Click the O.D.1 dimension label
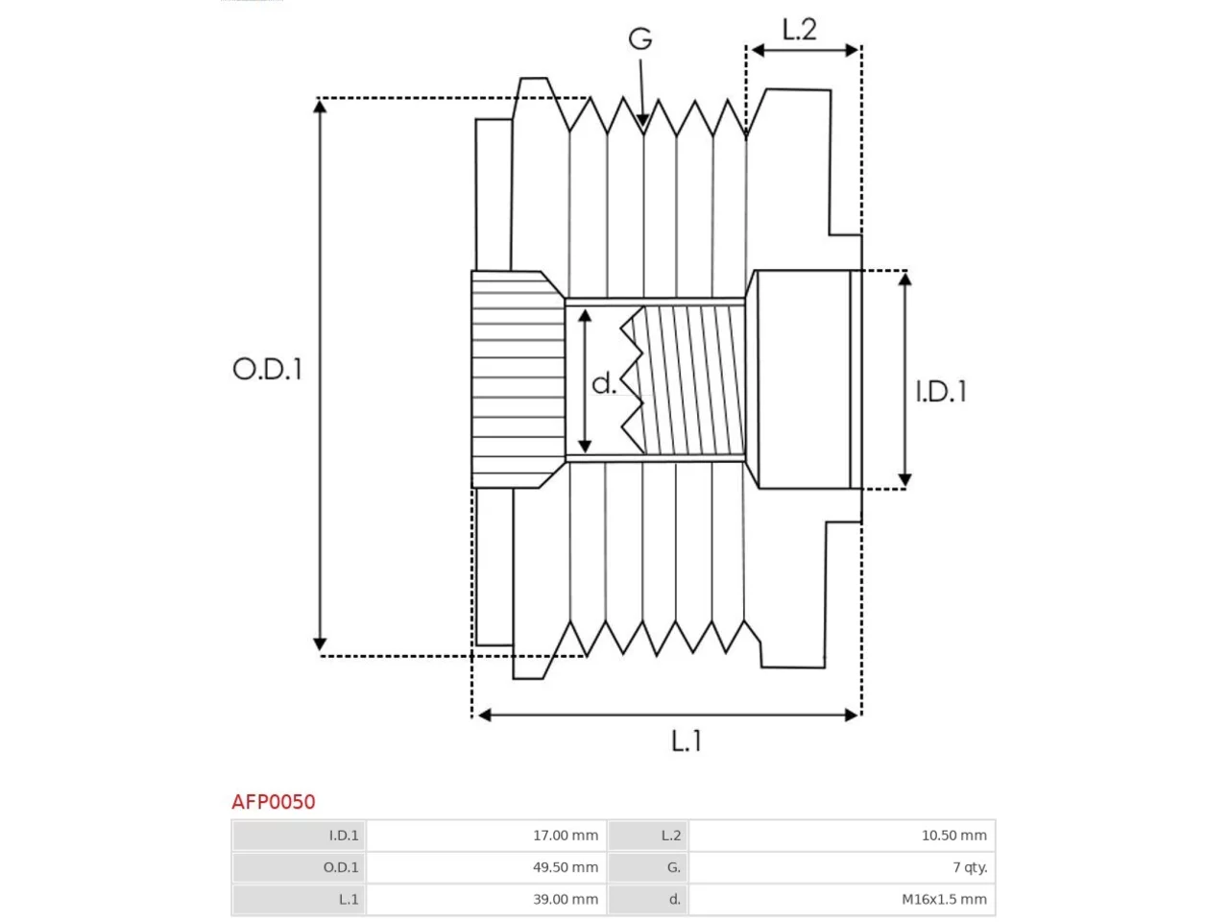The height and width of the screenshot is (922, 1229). pos(267,369)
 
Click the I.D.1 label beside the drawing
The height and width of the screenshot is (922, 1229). pos(941,391)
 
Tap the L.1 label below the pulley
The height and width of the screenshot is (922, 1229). pos(687,740)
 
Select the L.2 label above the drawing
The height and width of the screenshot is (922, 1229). pos(799,29)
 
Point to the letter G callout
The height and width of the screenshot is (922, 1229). pos(640,38)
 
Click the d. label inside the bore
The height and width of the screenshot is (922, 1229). pos(604,383)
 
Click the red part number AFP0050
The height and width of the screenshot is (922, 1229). pos(274,802)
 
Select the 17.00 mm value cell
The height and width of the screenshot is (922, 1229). pos(486,836)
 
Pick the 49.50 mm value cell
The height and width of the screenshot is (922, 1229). pos(486,867)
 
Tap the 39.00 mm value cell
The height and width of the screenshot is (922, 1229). pos(486,899)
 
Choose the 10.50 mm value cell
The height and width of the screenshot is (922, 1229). pos(842,836)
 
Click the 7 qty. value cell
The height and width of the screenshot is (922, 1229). pos(842,867)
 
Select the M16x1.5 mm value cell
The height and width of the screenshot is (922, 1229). pos(842,899)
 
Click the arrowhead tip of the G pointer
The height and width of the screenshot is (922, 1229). pos(643,128)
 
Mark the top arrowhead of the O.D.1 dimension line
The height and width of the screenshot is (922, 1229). pos(320,100)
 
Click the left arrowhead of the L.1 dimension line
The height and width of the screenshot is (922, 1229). pos(478,715)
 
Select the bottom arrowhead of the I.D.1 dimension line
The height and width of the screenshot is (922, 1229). pos(904,487)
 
